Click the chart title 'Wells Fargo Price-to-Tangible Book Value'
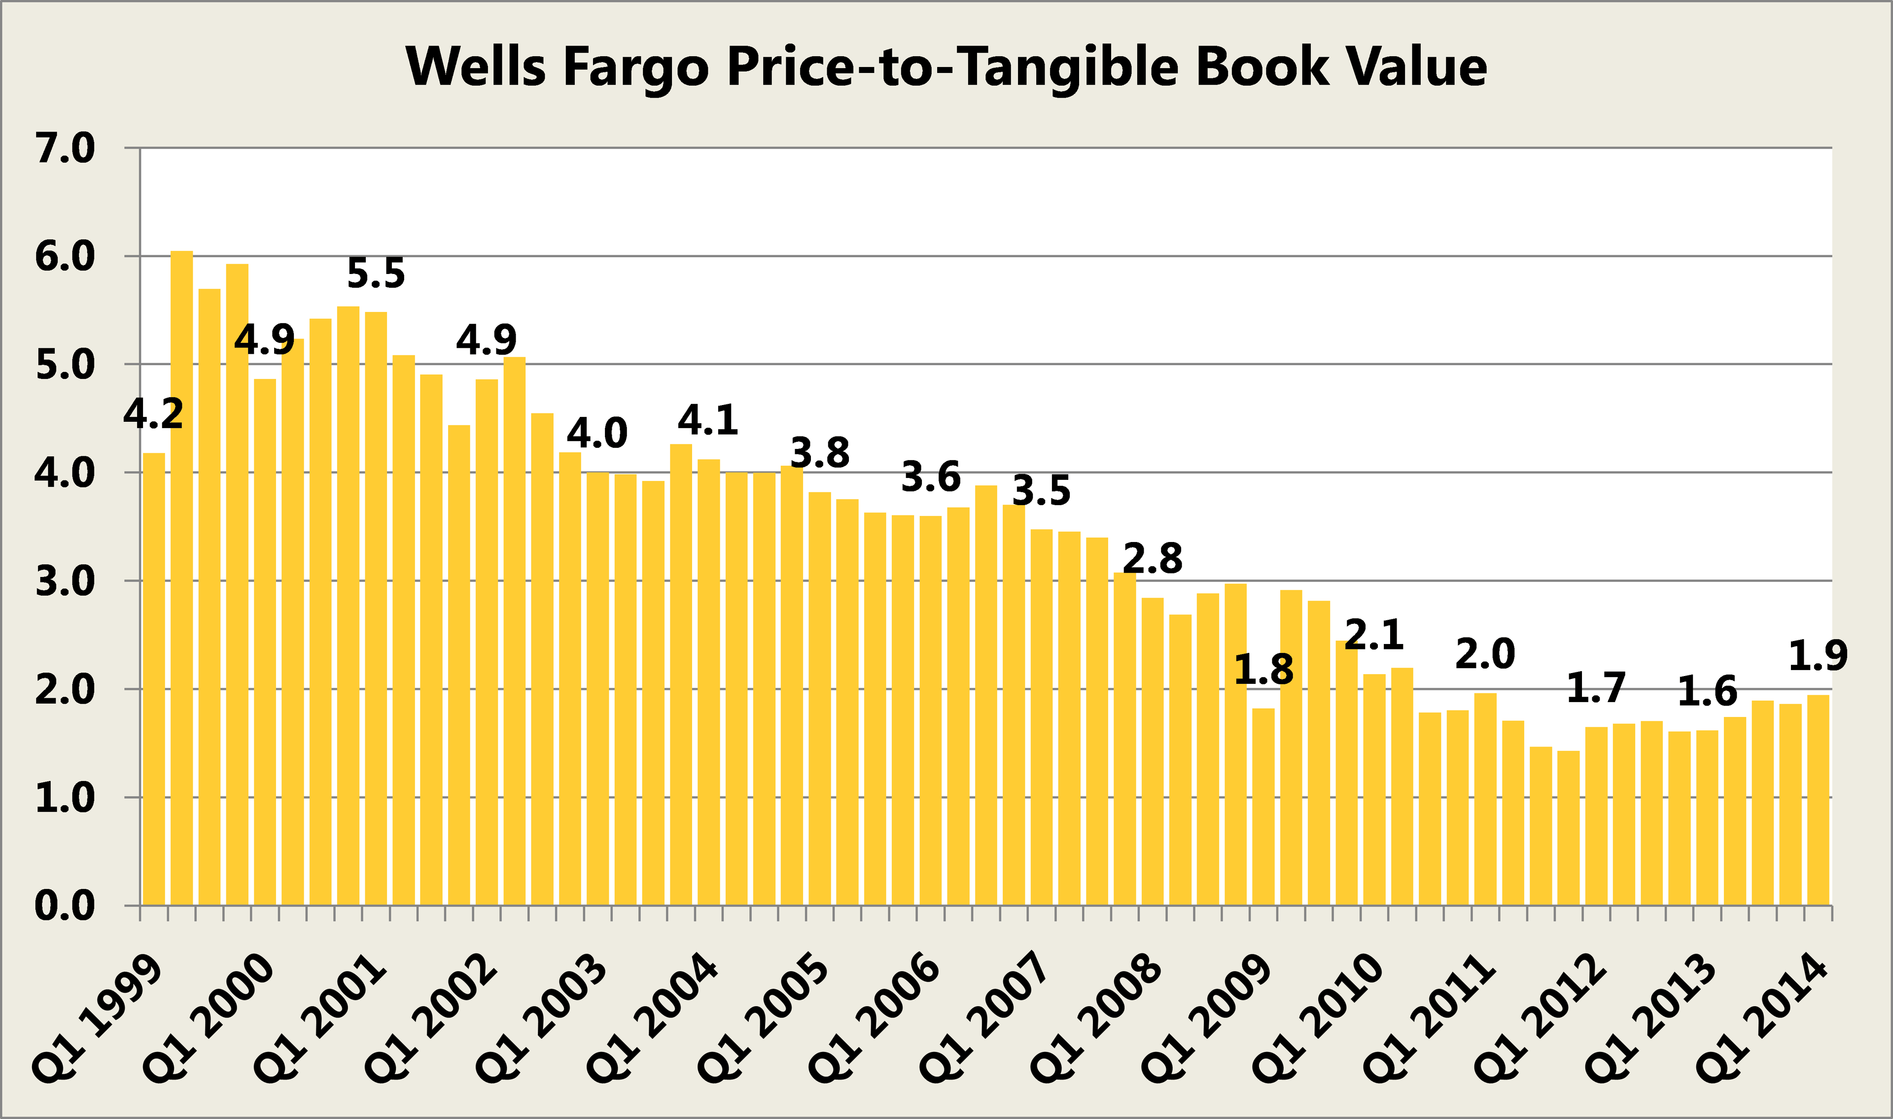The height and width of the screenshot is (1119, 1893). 946,67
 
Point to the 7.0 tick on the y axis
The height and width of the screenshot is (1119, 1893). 65,148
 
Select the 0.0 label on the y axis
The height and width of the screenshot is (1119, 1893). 65,906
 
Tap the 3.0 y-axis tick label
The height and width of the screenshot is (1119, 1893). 65,581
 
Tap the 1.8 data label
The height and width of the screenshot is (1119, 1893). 1263,670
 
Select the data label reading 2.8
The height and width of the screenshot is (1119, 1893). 1153,559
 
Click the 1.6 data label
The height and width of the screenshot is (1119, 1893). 1707,691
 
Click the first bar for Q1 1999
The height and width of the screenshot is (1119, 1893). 154,678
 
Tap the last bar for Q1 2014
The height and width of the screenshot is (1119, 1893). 1818,799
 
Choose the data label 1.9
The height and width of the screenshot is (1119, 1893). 1818,656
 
